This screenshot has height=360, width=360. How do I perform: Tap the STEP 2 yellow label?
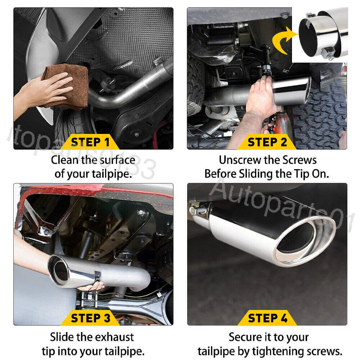(267, 142)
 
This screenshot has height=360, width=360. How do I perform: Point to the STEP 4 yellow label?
(267, 318)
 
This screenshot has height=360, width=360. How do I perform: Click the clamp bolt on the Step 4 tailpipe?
(196, 208)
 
